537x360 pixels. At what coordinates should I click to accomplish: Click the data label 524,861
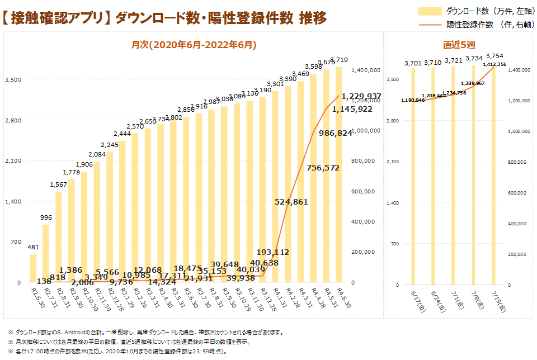point(291,202)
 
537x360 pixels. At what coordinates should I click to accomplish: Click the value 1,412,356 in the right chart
point(494,65)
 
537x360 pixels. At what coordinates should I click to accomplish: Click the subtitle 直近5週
point(455,45)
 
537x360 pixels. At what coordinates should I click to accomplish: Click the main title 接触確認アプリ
point(56,18)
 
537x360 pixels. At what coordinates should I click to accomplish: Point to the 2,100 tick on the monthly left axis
point(13,161)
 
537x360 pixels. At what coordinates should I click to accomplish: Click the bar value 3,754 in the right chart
point(494,56)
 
